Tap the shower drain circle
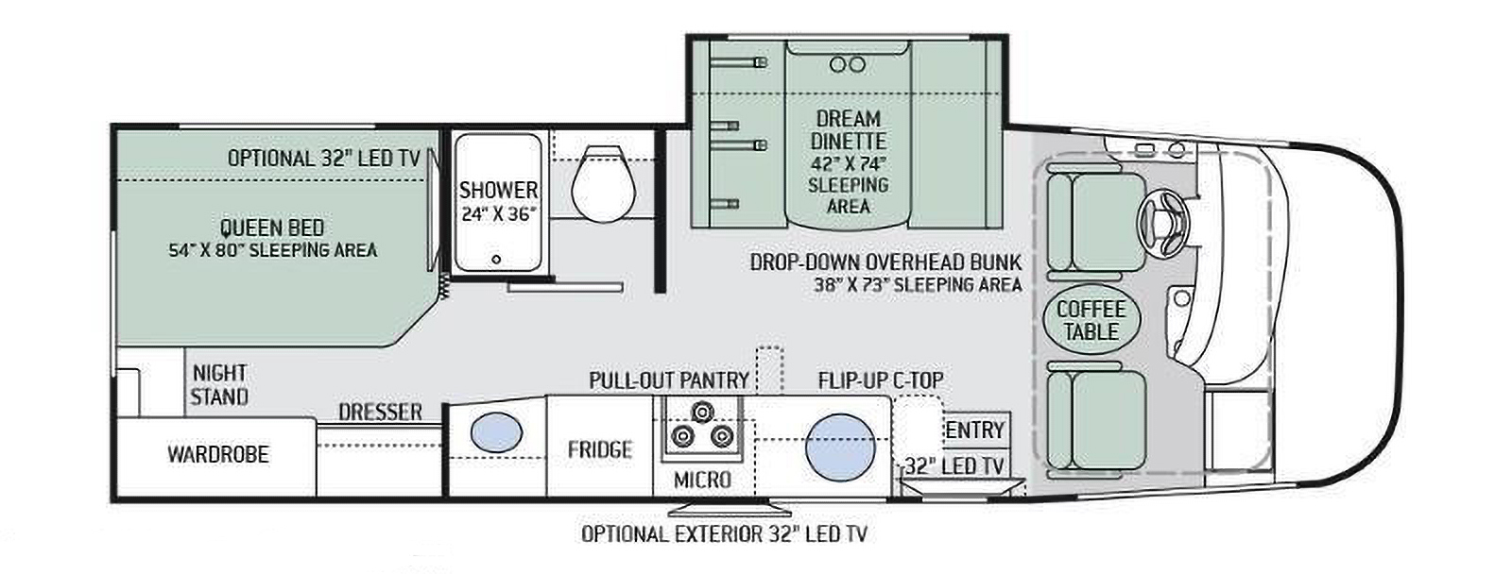click(x=497, y=259)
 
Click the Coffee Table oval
click(x=1091, y=320)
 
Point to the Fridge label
click(x=599, y=449)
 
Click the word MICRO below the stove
click(x=702, y=480)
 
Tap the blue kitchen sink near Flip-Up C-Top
click(x=840, y=447)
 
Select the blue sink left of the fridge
click(x=496, y=431)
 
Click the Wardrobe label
click(x=218, y=454)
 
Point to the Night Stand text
click(x=219, y=384)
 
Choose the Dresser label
click(x=380, y=412)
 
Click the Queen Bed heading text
click(x=272, y=228)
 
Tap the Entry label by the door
click(x=974, y=430)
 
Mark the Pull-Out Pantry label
click(x=669, y=380)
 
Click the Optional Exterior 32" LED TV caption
click(x=724, y=534)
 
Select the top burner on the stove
click(x=703, y=411)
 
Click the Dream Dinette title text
click(x=848, y=130)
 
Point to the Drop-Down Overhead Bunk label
click(x=885, y=262)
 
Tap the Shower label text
click(x=498, y=190)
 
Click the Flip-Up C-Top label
click(x=881, y=380)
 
